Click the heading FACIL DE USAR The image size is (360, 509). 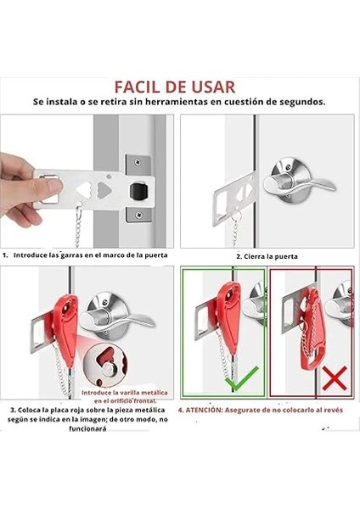pyautogui.click(x=175, y=87)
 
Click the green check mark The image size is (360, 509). pyautogui.click(x=242, y=378)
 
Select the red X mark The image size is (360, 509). pyautogui.click(x=335, y=378)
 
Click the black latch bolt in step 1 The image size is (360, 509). pyautogui.click(x=138, y=191)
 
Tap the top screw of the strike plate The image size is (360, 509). pyautogui.click(x=138, y=160)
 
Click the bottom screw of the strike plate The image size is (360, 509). pyautogui.click(x=139, y=215)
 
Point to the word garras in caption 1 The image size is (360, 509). pyautogui.click(x=71, y=255)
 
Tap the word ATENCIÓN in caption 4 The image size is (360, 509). pyautogui.click(x=203, y=410)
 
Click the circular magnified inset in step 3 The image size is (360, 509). pyautogui.click(x=104, y=364)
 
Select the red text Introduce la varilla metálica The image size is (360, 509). pyautogui.click(x=125, y=393)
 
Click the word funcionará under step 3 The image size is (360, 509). pyautogui.click(x=87, y=428)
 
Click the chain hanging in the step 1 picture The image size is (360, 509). pyautogui.click(x=77, y=225)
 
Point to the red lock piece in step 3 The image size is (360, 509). pyautogui.click(x=65, y=327)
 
